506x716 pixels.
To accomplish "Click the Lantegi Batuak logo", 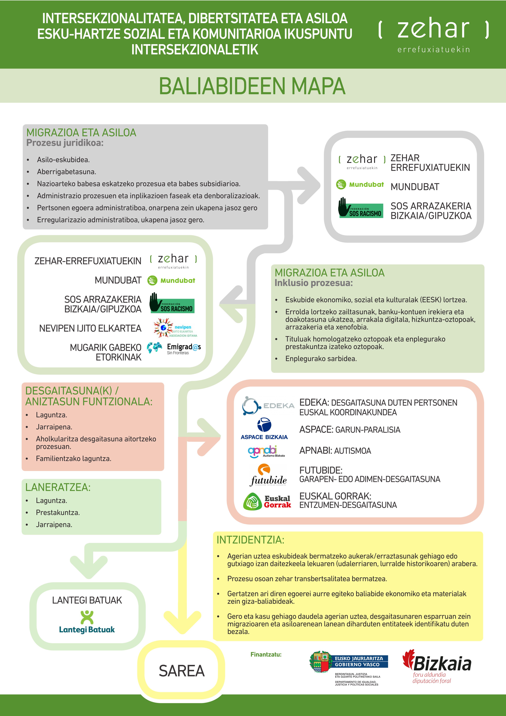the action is [x=87, y=622].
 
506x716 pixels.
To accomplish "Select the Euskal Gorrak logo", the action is [x=267, y=501].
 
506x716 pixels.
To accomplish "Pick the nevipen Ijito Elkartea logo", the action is [x=175, y=328].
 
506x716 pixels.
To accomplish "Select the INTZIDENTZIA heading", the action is [x=250, y=540].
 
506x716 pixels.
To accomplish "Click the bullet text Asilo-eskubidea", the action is [x=63, y=160].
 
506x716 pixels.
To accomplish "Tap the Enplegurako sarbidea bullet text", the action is [x=321, y=359].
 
